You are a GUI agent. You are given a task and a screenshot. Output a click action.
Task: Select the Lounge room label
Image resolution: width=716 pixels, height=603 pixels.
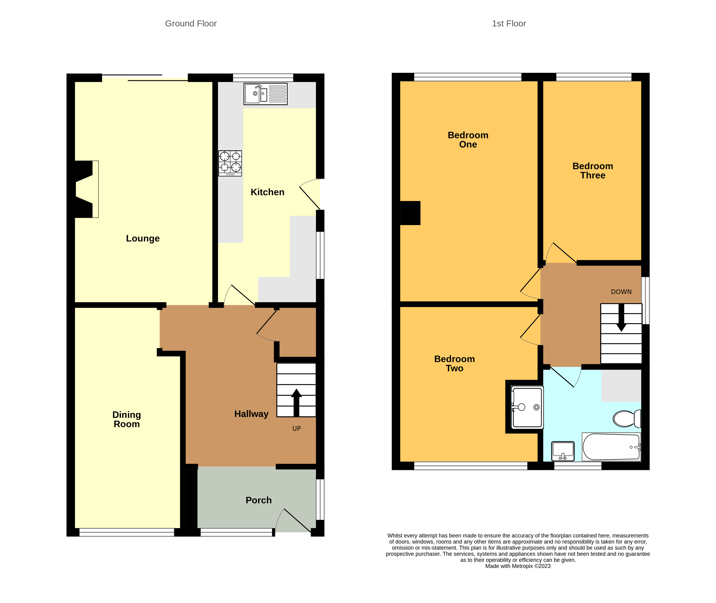(143, 238)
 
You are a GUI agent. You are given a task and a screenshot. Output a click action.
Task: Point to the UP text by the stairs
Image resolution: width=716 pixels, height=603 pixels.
(296, 428)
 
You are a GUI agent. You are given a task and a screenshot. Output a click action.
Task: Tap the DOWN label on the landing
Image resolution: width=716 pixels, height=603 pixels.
(621, 292)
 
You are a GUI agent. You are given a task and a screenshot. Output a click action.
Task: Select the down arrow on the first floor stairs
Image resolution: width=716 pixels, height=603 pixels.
(621, 318)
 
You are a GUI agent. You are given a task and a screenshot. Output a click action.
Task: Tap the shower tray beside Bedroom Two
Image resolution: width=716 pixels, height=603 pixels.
(527, 407)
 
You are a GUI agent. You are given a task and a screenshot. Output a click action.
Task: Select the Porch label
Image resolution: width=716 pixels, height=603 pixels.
(258, 500)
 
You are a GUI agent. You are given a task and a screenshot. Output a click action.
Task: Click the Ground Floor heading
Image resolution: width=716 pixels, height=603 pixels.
(191, 24)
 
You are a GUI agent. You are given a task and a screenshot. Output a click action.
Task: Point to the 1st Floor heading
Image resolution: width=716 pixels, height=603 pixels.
(508, 24)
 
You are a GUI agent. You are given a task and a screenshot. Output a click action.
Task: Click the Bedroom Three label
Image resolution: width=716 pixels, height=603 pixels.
(593, 170)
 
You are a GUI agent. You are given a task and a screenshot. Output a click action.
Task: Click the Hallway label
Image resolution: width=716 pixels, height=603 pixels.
(251, 414)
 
